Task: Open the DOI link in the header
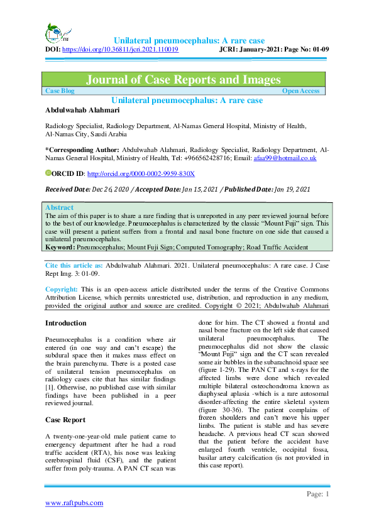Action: click(x=121, y=48)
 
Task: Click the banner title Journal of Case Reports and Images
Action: click(x=183, y=80)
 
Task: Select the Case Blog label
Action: click(x=60, y=91)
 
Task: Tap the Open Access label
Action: click(x=300, y=91)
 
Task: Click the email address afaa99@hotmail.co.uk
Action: click(x=289, y=158)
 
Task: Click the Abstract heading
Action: click(x=60, y=207)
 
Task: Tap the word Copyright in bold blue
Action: click(x=61, y=290)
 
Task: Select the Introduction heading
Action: click(x=66, y=324)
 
